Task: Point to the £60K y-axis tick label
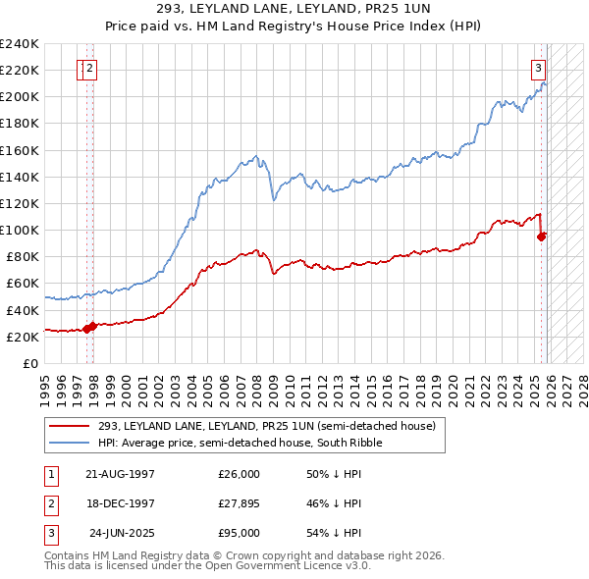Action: coord(22,284)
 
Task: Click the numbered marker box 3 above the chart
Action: coord(539,69)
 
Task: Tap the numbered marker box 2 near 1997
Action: coord(89,69)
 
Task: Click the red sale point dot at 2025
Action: coord(542,236)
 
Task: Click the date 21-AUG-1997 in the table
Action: coord(120,474)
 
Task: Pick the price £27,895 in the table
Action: coord(239,503)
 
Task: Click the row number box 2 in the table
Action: coord(48,503)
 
